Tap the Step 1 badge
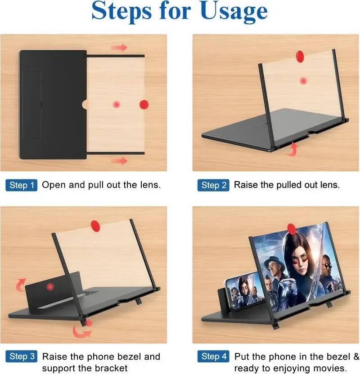22,185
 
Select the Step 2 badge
214,185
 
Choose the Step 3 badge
22,357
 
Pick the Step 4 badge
214,357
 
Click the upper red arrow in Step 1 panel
119,47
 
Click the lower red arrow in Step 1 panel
119,160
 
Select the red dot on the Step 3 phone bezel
50,286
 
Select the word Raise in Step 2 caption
246,185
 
